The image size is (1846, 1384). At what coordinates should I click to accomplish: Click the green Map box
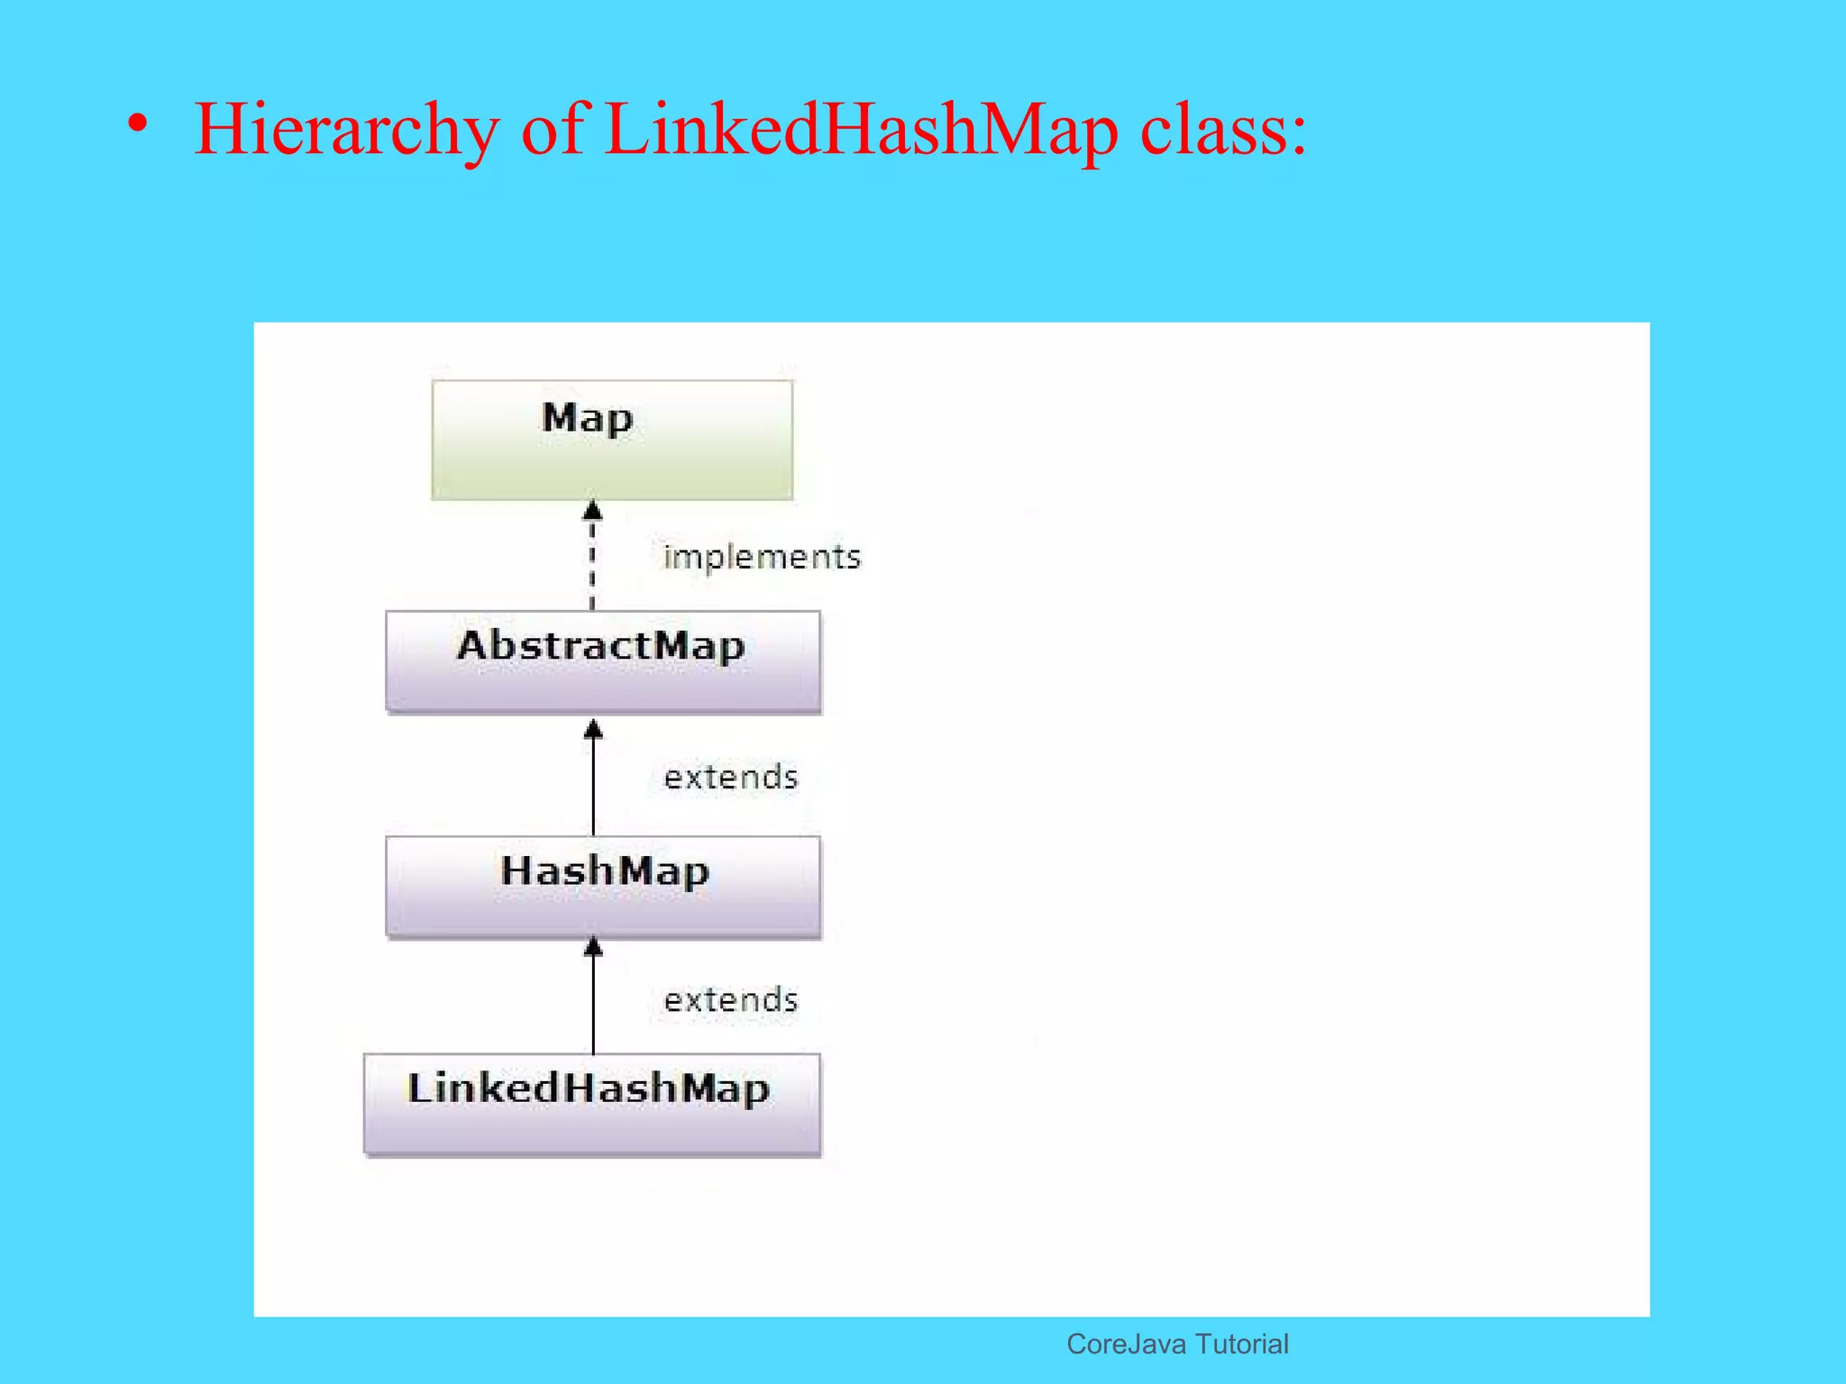612,440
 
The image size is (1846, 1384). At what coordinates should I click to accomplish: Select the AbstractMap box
603,661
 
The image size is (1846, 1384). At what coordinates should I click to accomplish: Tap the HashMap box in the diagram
603,887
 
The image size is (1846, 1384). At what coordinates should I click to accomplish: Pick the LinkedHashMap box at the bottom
592,1103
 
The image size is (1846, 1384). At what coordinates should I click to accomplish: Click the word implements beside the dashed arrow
762,557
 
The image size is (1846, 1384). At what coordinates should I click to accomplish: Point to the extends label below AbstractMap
731,777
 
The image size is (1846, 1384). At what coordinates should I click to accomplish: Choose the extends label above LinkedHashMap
731,999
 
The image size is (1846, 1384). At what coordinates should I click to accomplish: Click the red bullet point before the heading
137,124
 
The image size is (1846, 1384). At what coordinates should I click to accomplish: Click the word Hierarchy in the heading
347,130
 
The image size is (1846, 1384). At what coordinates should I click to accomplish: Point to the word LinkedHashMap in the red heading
862,130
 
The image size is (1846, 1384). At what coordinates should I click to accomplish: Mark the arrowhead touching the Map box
592,511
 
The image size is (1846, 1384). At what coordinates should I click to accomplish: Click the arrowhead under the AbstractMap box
593,730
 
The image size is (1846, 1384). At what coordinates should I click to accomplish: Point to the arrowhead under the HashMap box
593,947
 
